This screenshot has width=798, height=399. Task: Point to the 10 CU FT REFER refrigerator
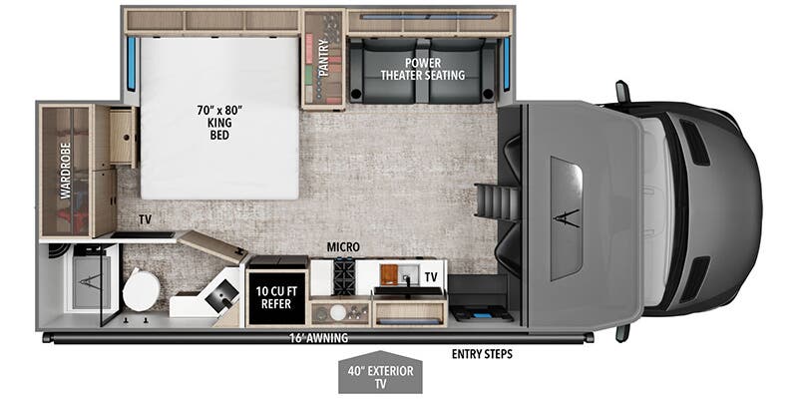276,296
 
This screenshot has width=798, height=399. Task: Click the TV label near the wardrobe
145,216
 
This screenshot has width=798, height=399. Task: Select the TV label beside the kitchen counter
431,276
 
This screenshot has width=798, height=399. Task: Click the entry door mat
482,314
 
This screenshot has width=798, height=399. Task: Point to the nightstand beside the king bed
122,138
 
